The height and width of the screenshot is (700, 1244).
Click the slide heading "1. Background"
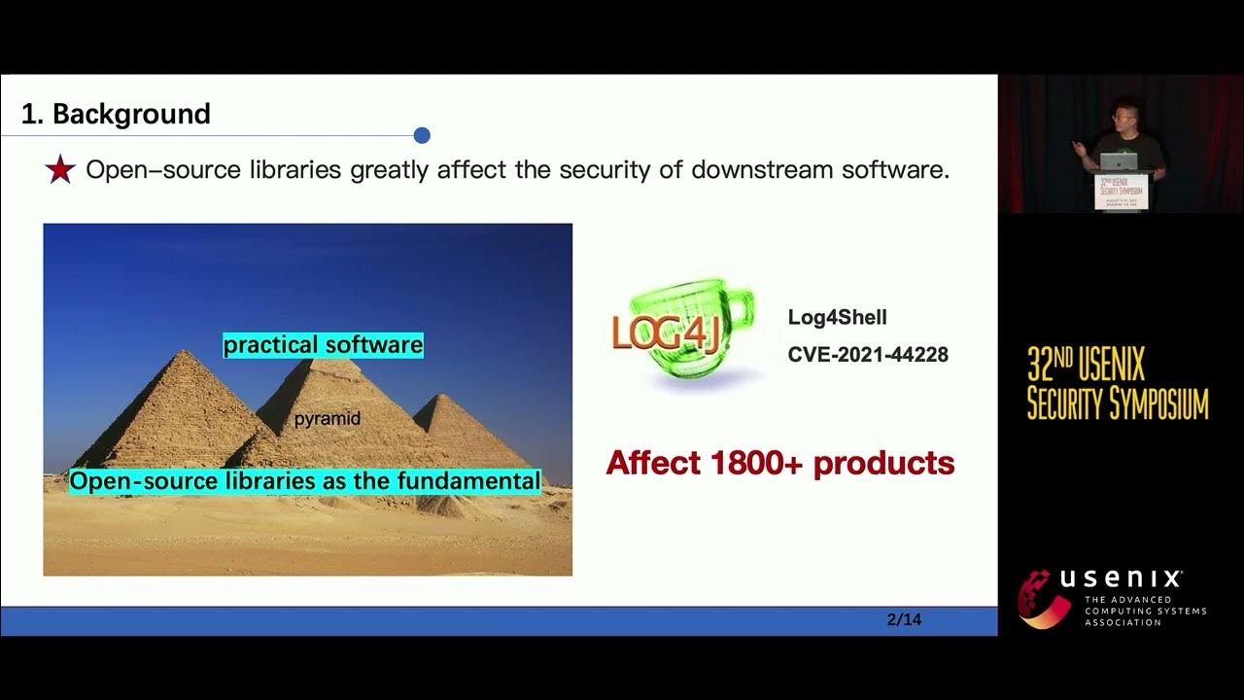[116, 114]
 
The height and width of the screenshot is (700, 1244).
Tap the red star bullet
[60, 170]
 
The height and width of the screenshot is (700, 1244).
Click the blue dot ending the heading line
[422, 135]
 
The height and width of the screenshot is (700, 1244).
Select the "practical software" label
[323, 345]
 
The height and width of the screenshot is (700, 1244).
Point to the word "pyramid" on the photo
[328, 419]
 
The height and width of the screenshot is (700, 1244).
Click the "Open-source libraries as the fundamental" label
[304, 481]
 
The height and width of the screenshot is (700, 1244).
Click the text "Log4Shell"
[837, 318]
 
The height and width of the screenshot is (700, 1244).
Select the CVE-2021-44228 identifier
[867, 355]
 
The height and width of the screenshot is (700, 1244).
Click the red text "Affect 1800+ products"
[779, 463]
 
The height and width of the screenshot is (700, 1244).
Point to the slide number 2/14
[904, 619]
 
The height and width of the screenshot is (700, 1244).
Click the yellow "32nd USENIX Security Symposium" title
[1117, 384]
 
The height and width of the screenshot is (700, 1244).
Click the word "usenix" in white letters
[1121, 579]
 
